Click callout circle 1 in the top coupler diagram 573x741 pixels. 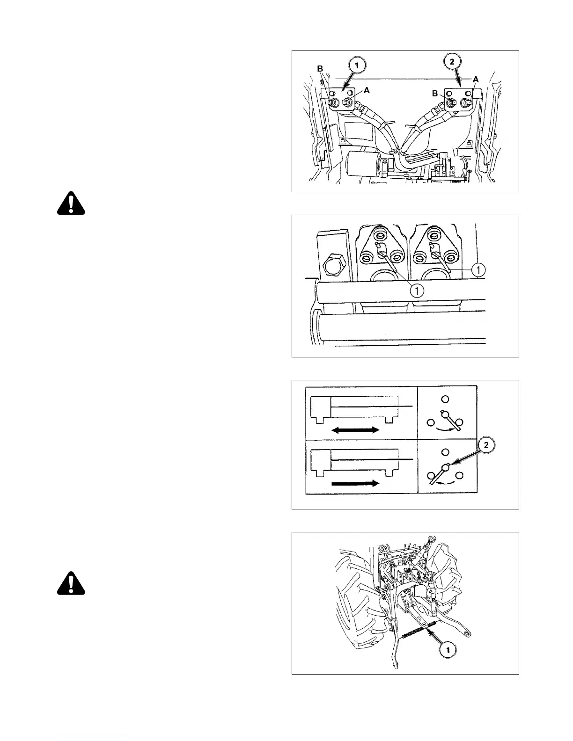[x=357, y=66]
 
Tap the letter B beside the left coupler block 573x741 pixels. [x=320, y=69]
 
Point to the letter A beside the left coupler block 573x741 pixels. [x=367, y=91]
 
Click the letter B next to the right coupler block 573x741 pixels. [x=435, y=94]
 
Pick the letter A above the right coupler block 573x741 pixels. [x=476, y=80]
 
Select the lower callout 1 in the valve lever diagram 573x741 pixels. [x=417, y=291]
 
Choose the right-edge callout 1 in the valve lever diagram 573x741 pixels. [x=478, y=269]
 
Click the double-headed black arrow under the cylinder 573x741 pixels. [x=355, y=430]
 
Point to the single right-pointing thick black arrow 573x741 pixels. [x=355, y=483]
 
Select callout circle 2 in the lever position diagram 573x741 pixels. [x=487, y=446]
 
